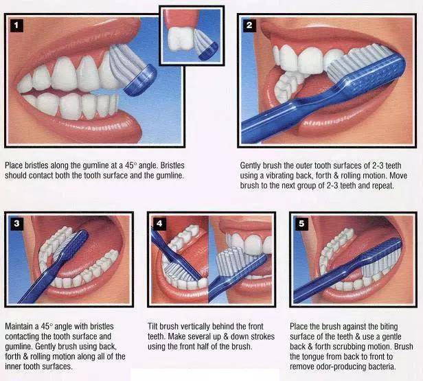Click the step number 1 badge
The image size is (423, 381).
16,25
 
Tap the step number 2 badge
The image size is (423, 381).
249,25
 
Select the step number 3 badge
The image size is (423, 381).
16,224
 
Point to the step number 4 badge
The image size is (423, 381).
159,224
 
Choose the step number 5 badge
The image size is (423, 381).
301,224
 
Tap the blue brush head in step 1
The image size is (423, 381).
141,81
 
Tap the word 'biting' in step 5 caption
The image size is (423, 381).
389,327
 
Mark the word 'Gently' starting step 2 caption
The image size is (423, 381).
251,165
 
